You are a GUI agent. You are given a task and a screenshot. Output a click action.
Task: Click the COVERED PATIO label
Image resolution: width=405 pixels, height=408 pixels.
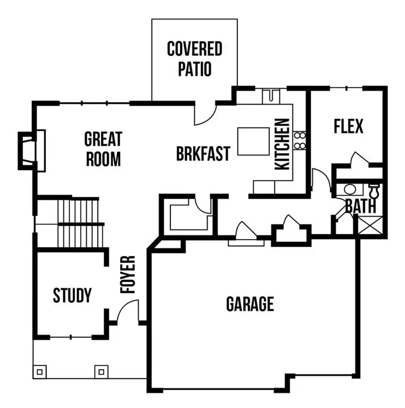pyautogui.click(x=194, y=59)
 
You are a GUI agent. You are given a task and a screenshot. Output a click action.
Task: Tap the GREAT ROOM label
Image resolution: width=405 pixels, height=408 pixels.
pyautogui.click(x=103, y=149)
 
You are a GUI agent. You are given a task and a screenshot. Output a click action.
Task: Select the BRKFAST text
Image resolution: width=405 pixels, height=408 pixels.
pyautogui.click(x=203, y=154)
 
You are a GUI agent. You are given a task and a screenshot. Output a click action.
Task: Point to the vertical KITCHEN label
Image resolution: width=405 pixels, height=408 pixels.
pyautogui.click(x=282, y=144)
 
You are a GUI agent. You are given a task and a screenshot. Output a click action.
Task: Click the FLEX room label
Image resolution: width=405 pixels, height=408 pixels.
pyautogui.click(x=349, y=126)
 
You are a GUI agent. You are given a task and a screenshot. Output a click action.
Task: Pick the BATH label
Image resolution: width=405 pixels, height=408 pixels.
pyautogui.click(x=360, y=206)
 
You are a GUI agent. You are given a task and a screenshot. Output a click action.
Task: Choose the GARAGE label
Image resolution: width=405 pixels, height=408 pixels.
pyautogui.click(x=250, y=304)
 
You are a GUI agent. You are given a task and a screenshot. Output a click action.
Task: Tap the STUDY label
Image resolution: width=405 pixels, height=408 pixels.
pyautogui.click(x=72, y=295)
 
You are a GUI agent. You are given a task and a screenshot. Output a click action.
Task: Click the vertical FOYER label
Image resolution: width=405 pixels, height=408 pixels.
pyautogui.click(x=128, y=275)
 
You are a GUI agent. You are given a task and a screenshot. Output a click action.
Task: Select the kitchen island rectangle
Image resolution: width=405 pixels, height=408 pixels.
pyautogui.click(x=253, y=141)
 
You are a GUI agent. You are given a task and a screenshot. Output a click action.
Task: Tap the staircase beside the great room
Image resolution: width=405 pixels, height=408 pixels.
pyautogui.click(x=80, y=223)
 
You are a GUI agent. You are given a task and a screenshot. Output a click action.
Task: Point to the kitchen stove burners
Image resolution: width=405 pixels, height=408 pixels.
pyautogui.click(x=300, y=141)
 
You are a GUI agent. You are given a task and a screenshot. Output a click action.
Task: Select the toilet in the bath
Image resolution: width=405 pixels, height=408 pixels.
pyautogui.click(x=374, y=190)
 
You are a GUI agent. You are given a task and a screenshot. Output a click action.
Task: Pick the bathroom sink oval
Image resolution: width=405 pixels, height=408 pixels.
pyautogui.click(x=350, y=189)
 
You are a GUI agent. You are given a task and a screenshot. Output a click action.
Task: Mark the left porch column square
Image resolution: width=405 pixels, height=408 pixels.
pyautogui.click(x=40, y=371)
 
